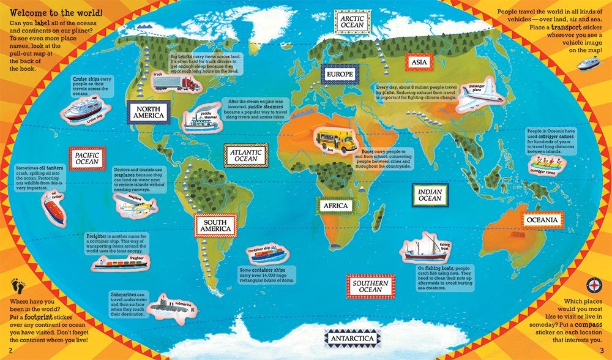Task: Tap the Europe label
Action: pos(340,75)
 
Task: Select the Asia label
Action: pos(419,62)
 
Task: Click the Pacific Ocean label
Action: pos(88,159)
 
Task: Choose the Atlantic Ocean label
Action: pos(245,155)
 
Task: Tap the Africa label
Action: pos(335,206)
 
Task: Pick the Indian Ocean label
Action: pos(430,195)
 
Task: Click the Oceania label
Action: pos(542,220)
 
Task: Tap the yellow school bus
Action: pos(337,142)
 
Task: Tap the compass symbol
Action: pos(596,283)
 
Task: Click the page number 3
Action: pos(601,350)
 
